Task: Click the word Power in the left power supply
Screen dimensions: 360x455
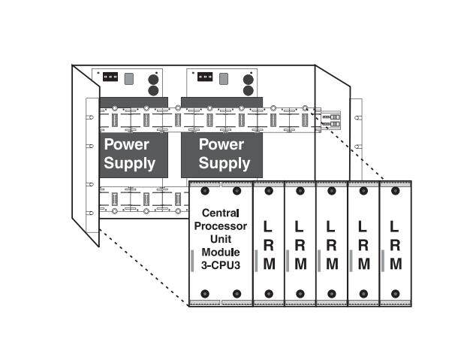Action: click(127, 144)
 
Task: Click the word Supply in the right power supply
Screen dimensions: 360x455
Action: click(221, 162)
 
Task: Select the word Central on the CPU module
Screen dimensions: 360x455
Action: click(220, 213)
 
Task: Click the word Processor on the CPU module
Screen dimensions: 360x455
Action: click(220, 226)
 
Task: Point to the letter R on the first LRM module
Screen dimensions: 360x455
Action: click(269, 244)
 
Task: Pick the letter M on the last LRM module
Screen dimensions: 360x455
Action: click(396, 264)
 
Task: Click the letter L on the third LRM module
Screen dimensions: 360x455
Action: click(332, 225)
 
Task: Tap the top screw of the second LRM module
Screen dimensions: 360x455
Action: click(300, 192)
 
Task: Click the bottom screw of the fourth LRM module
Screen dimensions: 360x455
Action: click(364, 293)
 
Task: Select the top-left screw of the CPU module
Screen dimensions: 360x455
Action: click(203, 192)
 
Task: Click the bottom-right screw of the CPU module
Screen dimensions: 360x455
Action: click(237, 293)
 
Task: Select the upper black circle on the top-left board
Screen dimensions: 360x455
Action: click(153, 77)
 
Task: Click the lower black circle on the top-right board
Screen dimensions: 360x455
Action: click(249, 89)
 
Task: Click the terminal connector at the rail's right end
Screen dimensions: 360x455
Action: click(330, 119)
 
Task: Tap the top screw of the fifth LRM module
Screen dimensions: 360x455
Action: click(396, 192)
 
